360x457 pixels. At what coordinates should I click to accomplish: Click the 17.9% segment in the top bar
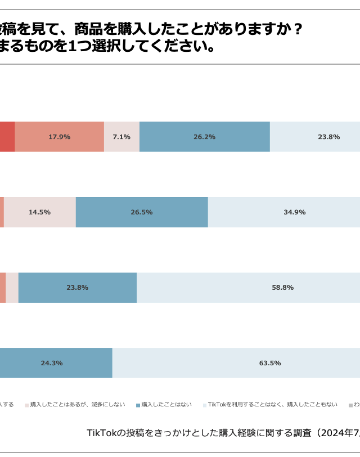[x=59, y=137]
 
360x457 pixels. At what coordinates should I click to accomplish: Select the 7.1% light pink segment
[x=121, y=137]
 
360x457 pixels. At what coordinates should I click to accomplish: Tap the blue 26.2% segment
[x=204, y=137]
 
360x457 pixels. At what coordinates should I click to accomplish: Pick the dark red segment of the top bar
[x=7, y=137]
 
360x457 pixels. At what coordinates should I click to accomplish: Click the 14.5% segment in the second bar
[x=39, y=212]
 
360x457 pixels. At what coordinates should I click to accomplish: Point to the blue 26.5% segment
[x=142, y=212]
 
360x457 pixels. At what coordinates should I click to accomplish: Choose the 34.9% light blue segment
[x=284, y=212]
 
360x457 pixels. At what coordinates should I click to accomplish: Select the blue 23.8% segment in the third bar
[x=77, y=288]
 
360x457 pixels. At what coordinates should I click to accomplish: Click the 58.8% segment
[x=248, y=288]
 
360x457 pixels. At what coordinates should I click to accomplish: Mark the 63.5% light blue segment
[x=236, y=363]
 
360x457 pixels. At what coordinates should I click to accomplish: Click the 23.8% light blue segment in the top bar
[x=315, y=137]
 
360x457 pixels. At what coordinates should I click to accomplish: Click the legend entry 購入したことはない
[x=166, y=404]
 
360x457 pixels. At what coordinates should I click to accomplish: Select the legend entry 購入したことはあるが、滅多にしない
[x=78, y=404]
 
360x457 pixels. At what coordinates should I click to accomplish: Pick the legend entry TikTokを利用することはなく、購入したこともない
[x=273, y=404]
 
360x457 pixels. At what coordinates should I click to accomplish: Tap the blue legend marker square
[x=138, y=405]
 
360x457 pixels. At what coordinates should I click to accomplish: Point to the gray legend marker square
[x=350, y=405]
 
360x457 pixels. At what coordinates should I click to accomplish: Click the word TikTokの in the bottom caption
[x=102, y=433]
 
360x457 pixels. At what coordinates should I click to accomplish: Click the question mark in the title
[x=296, y=29]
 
